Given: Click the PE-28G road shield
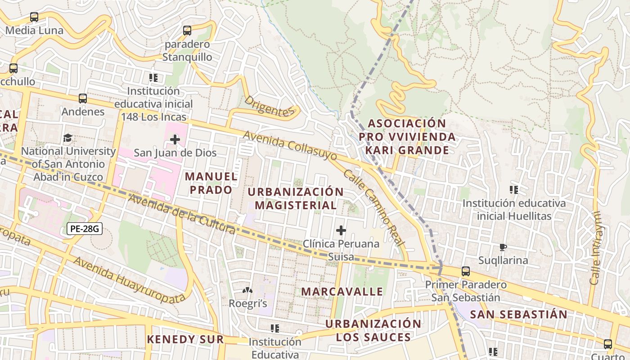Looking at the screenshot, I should coord(85,229).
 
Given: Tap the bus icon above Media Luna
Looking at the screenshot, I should coord(34,17).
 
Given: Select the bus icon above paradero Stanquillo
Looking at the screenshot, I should coord(187,31).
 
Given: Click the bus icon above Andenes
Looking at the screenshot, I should coord(83,98).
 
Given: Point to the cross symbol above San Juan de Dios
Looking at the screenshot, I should coord(175,139).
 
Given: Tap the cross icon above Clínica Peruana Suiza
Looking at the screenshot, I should coord(341,230).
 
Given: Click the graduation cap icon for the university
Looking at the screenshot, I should coord(67,137).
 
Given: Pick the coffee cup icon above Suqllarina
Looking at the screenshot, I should coord(503,247).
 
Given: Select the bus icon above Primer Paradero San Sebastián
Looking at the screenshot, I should coord(466,271).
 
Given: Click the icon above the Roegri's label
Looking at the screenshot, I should coord(247,291).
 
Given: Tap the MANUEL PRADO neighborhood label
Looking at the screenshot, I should coord(211,183).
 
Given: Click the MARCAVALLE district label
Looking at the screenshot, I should coord(342,292).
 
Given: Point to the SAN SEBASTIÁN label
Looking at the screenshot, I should coord(518,315).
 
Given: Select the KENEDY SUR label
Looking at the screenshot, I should coord(185,339).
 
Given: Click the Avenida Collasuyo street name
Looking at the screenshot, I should coord(290,146).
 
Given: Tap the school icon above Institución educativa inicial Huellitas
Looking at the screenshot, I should coord(513,189).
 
